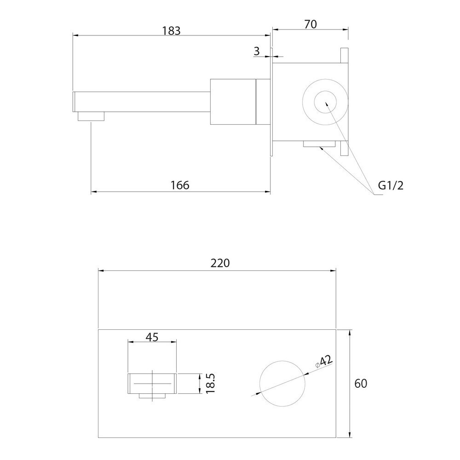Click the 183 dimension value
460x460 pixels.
172,31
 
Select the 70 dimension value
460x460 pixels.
310,24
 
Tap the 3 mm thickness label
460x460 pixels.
257,52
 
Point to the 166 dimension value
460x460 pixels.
180,185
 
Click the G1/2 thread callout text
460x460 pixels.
391,185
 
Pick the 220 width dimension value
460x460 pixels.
220,263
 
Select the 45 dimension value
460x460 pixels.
152,337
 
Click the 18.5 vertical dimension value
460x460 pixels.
211,384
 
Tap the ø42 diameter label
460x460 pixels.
323,362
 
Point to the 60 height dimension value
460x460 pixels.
361,384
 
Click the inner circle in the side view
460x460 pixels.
325,102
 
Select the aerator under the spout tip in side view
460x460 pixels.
91,116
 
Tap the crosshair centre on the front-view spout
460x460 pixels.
153,384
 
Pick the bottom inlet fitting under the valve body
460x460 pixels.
319,144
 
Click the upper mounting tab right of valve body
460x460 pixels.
344,56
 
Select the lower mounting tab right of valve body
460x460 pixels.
344,149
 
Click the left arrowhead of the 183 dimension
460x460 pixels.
75,35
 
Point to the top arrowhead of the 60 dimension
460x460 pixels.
350,333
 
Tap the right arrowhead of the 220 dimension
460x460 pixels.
333,271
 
